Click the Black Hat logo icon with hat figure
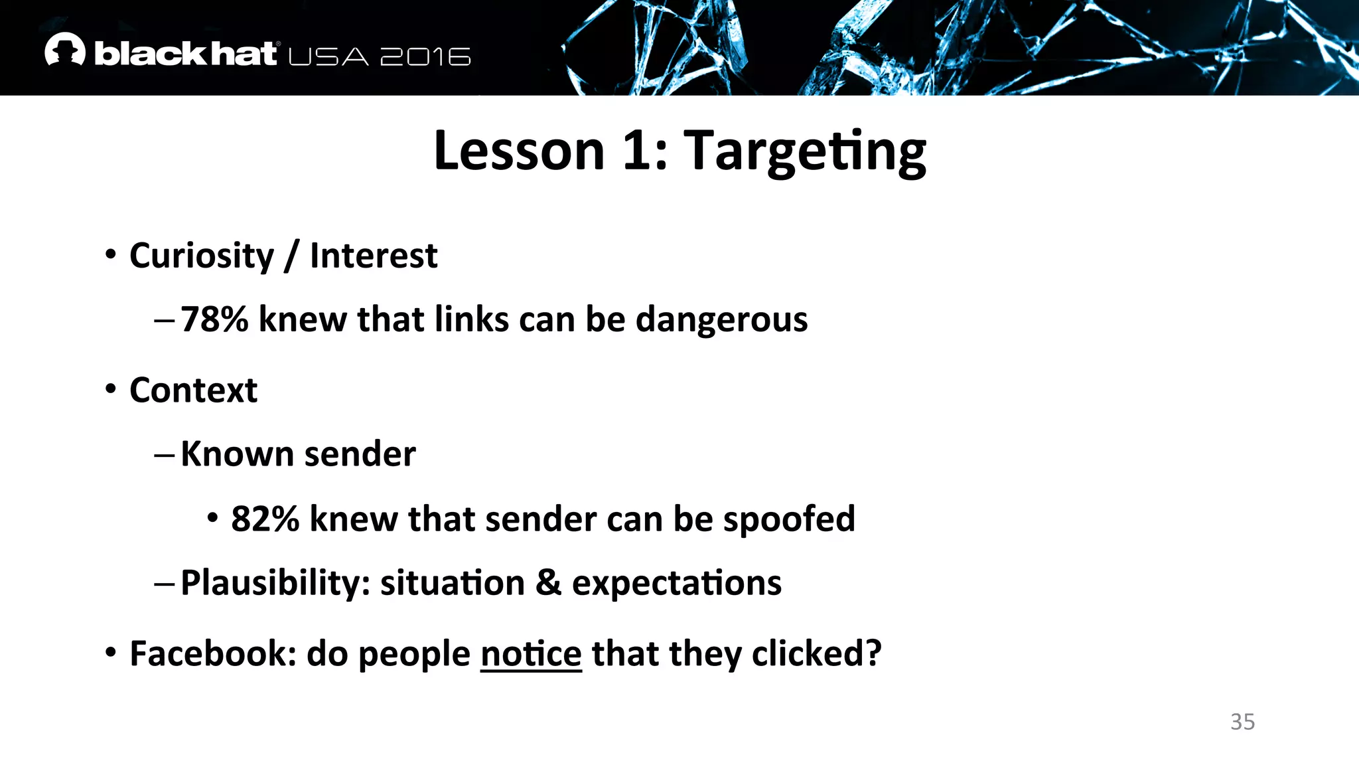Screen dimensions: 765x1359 pyautogui.click(x=65, y=50)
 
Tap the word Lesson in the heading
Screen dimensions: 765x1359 pyautogui.click(x=519, y=151)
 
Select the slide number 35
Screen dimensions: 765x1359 pyautogui.click(x=1242, y=722)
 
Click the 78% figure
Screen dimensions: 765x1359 pyautogui.click(x=214, y=319)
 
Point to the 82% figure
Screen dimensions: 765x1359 pyautogui.click(x=265, y=519)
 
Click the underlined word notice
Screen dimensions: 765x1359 pyautogui.click(x=531, y=654)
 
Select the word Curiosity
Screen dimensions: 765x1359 pyautogui.click(x=201, y=256)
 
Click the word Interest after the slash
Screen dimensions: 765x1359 pyautogui.click(x=373, y=256)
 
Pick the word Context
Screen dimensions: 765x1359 pyautogui.click(x=193, y=390)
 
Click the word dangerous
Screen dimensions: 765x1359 pyautogui.click(x=721, y=320)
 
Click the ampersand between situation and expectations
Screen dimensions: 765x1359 pyautogui.click(x=548, y=583)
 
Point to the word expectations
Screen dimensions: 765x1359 pyautogui.click(x=676, y=584)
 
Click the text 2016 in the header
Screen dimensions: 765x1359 pyautogui.click(x=425, y=57)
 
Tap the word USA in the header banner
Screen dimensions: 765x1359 pyautogui.click(x=328, y=57)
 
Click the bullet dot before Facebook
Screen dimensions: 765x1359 pyautogui.click(x=111, y=652)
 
